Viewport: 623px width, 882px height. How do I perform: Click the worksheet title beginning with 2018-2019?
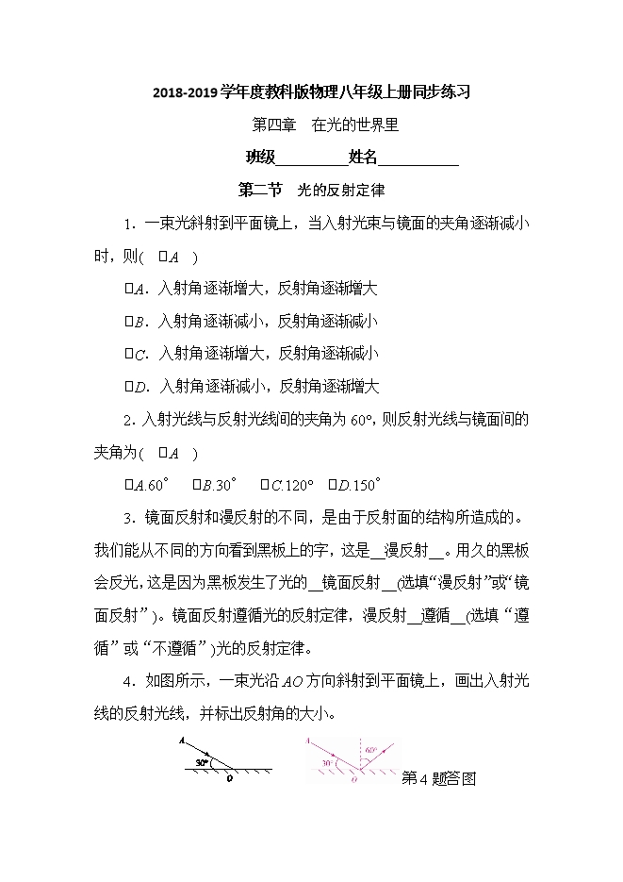tap(311, 92)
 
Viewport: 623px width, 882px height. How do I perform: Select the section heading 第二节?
tap(261, 190)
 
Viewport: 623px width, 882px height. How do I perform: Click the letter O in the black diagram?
tap(229, 780)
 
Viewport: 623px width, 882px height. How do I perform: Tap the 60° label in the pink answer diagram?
tap(372, 750)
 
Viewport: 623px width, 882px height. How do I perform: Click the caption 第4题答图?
tap(440, 778)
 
